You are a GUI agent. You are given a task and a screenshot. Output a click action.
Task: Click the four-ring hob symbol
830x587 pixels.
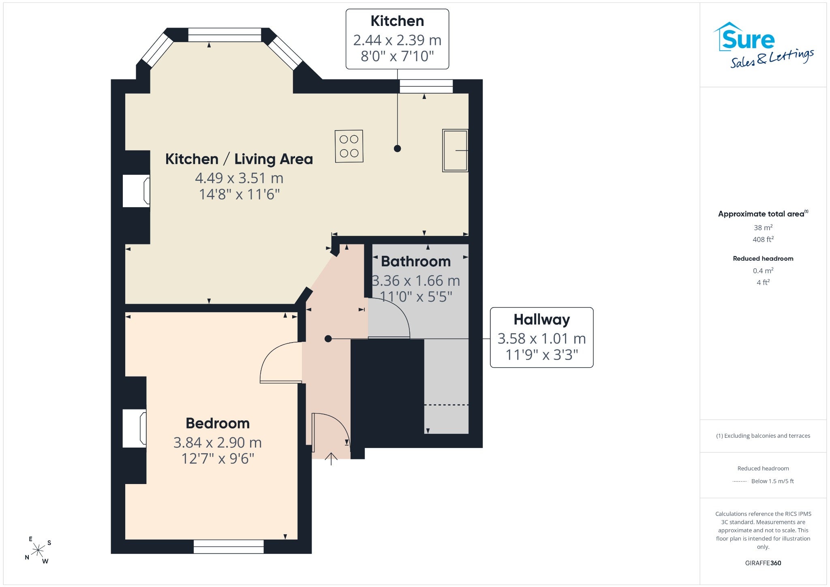(349, 146)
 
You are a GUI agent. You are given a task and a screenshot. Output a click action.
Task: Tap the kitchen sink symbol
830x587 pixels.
(455, 150)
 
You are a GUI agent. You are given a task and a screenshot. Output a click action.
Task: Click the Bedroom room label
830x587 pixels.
(218, 423)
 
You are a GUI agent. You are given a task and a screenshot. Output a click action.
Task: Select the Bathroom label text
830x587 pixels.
(416, 261)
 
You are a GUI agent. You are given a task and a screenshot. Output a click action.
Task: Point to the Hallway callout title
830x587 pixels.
(542, 319)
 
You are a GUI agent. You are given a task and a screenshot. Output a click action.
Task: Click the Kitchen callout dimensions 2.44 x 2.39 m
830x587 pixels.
(397, 40)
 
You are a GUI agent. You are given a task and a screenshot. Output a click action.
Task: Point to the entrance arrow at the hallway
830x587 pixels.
(332, 458)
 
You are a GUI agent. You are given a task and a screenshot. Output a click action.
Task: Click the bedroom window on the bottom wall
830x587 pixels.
(229, 546)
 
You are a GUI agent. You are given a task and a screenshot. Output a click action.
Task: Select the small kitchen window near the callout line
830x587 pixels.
(426, 86)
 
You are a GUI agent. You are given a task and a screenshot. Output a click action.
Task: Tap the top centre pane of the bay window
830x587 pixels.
(225, 35)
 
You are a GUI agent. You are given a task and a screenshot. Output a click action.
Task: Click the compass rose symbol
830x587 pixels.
(38, 550)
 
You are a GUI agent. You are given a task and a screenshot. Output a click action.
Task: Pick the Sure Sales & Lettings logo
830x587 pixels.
(763, 45)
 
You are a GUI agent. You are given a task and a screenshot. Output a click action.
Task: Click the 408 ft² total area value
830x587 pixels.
(763, 239)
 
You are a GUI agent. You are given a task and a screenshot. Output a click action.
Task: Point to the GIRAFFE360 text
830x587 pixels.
(763, 563)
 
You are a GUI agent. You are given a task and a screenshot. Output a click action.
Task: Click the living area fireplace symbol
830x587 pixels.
(137, 191)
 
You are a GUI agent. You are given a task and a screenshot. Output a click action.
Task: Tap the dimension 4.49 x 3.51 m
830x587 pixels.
(239, 178)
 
